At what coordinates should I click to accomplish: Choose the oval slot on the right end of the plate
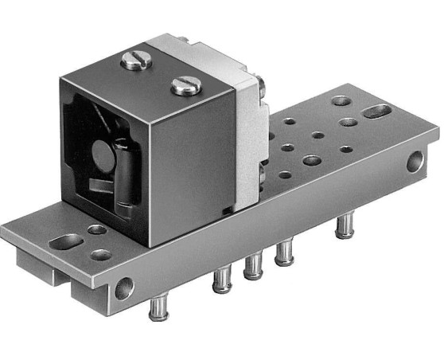tap(378, 111)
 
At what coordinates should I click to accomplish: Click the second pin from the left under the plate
tap(222, 281)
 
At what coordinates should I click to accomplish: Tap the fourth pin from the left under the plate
tap(283, 254)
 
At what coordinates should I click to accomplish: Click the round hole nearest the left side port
tap(102, 256)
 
